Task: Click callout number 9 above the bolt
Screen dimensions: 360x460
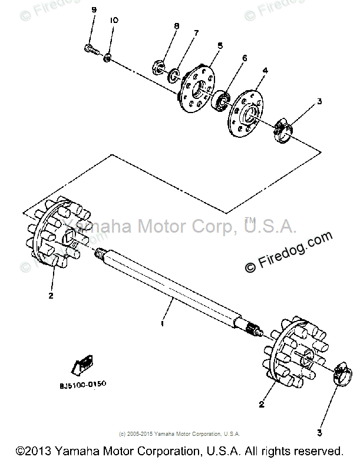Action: [93, 11]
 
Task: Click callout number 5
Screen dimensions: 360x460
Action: [219, 45]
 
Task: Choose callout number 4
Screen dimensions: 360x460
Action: [265, 70]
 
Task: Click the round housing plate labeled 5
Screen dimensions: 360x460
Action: [197, 88]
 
